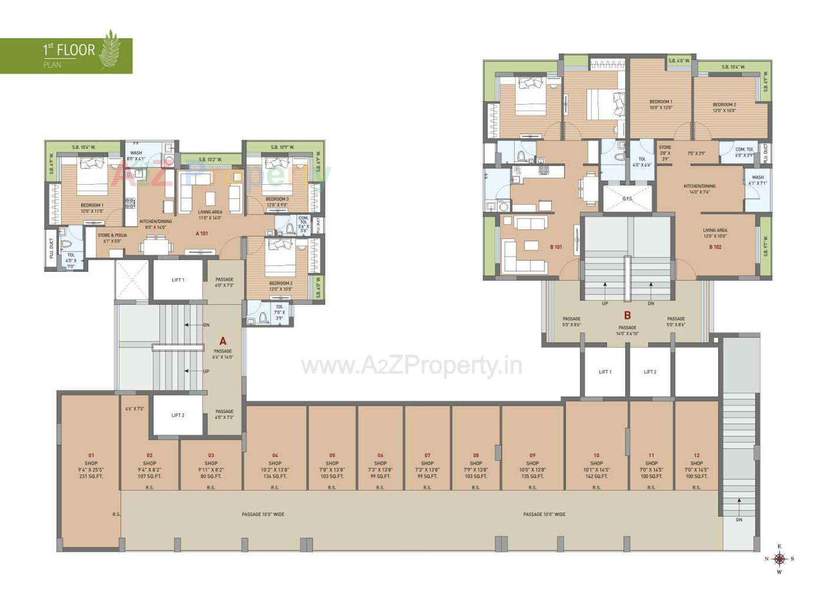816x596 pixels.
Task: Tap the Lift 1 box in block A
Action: [x=178, y=280]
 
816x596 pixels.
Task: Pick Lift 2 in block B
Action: [x=650, y=372]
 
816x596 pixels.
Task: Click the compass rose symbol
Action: [x=779, y=559]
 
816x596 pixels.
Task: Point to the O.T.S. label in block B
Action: [x=627, y=199]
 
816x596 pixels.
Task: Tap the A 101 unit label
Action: [x=202, y=234]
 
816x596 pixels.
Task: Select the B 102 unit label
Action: [x=715, y=247]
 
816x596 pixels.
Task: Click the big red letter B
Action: [x=627, y=315]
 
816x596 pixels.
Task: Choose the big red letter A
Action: [x=223, y=341]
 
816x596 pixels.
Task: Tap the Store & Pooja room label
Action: [x=112, y=238]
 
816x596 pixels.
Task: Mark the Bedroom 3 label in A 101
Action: [x=277, y=202]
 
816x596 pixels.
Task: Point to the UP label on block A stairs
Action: [x=206, y=371]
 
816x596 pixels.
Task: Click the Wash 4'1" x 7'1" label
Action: [x=758, y=180]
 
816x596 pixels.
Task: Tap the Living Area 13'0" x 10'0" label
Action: [x=715, y=233]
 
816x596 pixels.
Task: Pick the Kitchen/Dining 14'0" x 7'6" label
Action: [x=699, y=189]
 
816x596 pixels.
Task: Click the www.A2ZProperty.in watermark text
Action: [x=411, y=366]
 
